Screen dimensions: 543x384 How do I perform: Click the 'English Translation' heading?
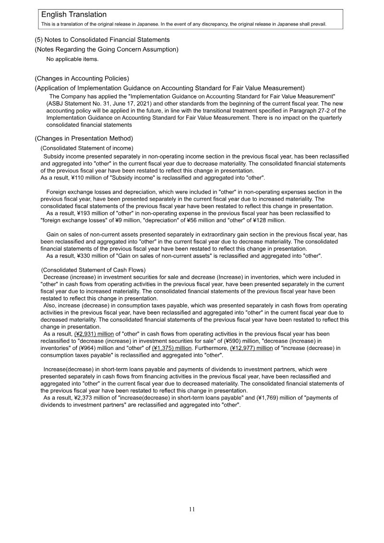pyautogui.click(x=74, y=15)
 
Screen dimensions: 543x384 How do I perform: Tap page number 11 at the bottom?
pyautogui.click(x=192, y=509)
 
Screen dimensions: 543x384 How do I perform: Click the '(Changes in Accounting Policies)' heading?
pyautogui.click(x=82, y=78)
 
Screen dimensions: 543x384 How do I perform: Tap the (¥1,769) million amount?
pyautogui.click(x=273, y=398)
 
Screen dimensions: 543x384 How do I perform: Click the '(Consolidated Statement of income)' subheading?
pyautogui.click(x=87, y=148)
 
